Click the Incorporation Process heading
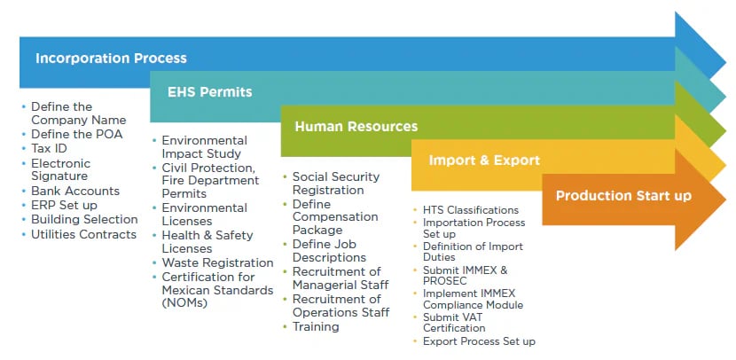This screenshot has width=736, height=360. click(111, 59)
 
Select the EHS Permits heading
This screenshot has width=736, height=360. click(210, 92)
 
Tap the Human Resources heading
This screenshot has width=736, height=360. click(356, 126)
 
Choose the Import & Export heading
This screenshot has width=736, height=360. click(484, 160)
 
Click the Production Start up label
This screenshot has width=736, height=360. click(623, 195)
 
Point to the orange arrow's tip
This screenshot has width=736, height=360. click(725, 199)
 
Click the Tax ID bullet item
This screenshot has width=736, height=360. click(49, 148)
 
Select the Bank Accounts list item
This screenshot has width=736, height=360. click(75, 191)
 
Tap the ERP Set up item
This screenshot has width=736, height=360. click(65, 206)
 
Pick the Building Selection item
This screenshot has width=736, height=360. click(84, 220)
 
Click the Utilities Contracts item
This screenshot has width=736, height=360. click(83, 234)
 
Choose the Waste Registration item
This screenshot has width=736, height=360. click(218, 262)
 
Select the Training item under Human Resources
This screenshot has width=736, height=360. click(316, 326)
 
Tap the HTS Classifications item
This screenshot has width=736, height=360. click(471, 210)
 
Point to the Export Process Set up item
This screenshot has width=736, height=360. click(479, 341)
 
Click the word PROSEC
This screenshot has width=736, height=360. click(444, 281)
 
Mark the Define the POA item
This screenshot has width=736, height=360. click(76, 134)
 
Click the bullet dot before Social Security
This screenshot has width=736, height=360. click(286, 176)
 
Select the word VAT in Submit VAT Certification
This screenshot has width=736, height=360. click(471, 317)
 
